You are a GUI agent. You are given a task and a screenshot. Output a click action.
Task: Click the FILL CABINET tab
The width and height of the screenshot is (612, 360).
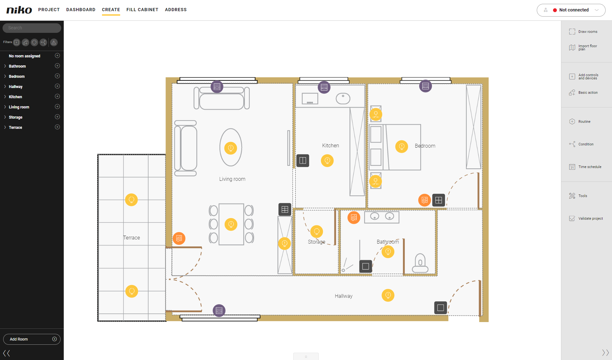(142, 10)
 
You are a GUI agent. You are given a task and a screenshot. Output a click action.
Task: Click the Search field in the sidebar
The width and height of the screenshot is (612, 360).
(32, 28)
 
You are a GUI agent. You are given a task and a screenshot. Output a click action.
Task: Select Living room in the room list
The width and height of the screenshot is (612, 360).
(19, 107)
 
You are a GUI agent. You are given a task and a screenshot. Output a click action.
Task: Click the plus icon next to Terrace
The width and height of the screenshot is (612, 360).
(57, 127)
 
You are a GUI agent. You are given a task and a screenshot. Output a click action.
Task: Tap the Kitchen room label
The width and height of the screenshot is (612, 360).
(331, 146)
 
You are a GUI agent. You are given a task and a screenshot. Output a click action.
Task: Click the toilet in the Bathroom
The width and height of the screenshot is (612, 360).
(420, 263)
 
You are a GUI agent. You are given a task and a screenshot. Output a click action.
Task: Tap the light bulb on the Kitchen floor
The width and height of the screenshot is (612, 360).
(327, 161)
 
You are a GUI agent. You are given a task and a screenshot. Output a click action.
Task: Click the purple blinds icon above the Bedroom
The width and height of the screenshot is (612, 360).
(426, 86)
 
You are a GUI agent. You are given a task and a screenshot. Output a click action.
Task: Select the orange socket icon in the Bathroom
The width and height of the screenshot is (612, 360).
(354, 218)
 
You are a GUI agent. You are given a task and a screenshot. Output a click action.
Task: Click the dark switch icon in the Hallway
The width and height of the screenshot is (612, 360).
(441, 308)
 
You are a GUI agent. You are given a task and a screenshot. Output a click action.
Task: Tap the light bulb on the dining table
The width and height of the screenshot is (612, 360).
(231, 224)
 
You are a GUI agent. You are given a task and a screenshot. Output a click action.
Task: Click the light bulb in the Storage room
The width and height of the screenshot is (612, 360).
(317, 231)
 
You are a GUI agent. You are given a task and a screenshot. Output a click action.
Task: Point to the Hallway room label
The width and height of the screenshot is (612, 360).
(344, 296)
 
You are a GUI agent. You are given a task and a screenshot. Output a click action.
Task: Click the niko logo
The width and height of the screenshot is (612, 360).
(19, 10)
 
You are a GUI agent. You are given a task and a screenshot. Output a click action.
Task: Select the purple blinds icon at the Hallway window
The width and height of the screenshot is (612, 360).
(219, 311)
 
